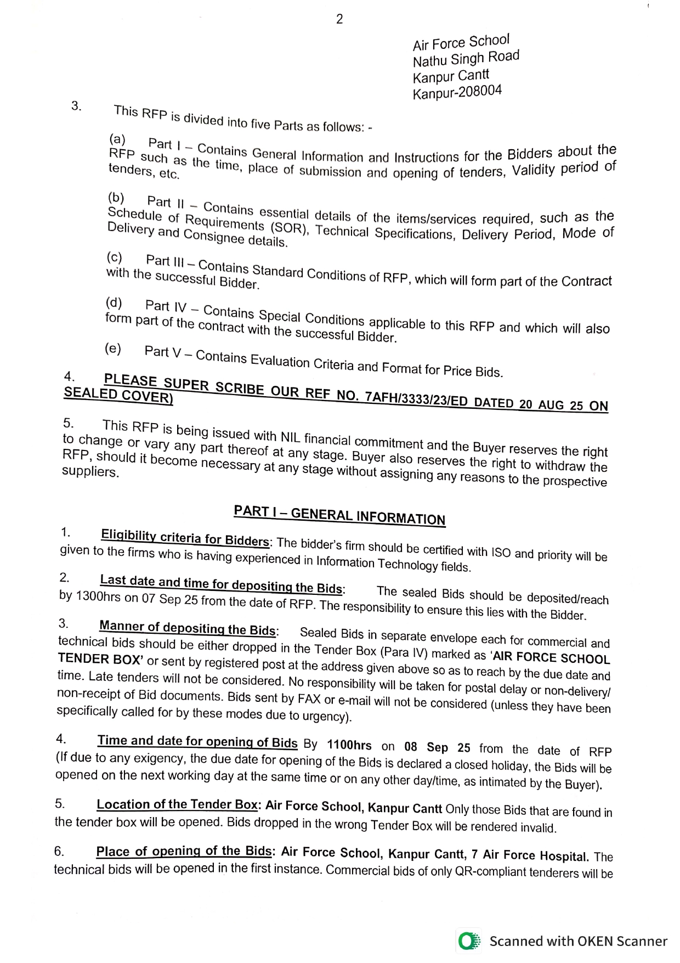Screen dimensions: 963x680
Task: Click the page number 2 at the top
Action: (339, 19)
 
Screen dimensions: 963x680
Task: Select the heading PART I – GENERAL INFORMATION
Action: (339, 515)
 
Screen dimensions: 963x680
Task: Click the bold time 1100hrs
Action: (349, 745)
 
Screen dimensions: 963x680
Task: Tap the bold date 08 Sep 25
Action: (437, 747)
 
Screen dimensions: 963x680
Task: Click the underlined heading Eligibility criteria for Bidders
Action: (185, 537)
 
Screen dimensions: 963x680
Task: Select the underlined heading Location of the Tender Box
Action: (177, 804)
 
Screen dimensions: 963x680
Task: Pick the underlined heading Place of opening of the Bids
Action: (184, 851)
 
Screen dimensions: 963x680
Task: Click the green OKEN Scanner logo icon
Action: (468, 942)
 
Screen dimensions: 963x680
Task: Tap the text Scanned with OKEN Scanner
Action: (578, 942)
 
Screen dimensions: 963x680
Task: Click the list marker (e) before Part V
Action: (113, 348)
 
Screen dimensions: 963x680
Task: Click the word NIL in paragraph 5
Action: (290, 436)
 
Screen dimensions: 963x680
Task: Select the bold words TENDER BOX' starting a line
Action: (100, 658)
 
